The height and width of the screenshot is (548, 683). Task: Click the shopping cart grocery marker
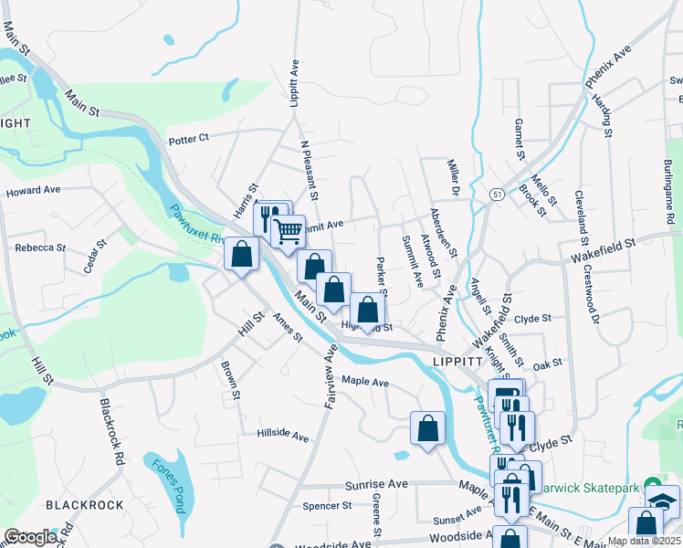point(289,232)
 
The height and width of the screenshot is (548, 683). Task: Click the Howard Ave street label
point(32,192)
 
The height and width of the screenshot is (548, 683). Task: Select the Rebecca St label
point(40,248)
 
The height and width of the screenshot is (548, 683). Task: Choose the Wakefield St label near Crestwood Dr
point(604,246)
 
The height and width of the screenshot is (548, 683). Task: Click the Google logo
point(30,538)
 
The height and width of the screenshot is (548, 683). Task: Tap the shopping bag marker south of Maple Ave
point(427,429)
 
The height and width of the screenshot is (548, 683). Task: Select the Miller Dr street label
point(452,178)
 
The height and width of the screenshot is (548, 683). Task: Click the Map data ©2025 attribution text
point(645,541)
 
